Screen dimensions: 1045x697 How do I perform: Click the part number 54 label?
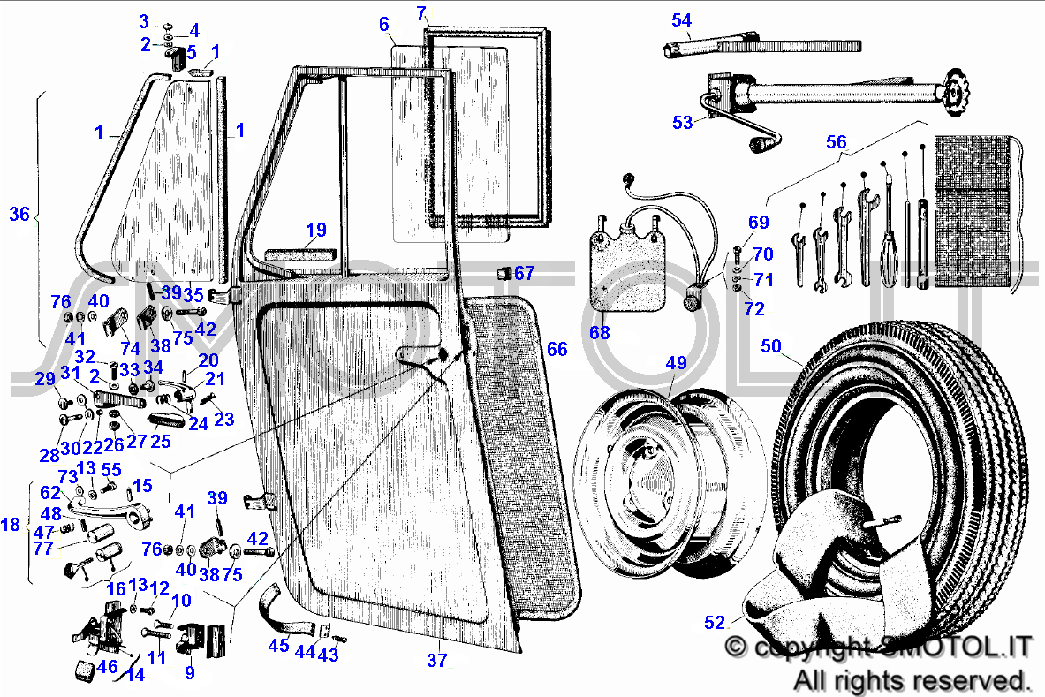pyautogui.click(x=681, y=20)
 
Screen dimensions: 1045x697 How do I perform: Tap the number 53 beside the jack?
pyautogui.click(x=683, y=123)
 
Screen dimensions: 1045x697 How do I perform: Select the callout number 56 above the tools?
pyautogui.click(x=836, y=142)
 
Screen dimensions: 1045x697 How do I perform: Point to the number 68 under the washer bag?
pyautogui.click(x=599, y=332)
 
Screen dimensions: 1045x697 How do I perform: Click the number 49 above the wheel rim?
pyautogui.click(x=676, y=363)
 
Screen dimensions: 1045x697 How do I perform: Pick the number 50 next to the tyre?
pyautogui.click(x=770, y=346)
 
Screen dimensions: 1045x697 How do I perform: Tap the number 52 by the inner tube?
pyautogui.click(x=714, y=623)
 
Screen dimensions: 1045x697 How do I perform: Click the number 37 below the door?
pyautogui.click(x=436, y=661)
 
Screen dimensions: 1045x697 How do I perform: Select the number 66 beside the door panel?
pyautogui.click(x=557, y=349)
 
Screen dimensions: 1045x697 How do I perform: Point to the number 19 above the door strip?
pyautogui.click(x=316, y=230)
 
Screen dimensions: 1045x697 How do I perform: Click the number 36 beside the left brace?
pyautogui.click(x=19, y=214)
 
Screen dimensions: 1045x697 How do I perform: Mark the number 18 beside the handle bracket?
pyautogui.click(x=10, y=525)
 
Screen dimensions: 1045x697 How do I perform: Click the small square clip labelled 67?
pyautogui.click(x=504, y=273)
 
